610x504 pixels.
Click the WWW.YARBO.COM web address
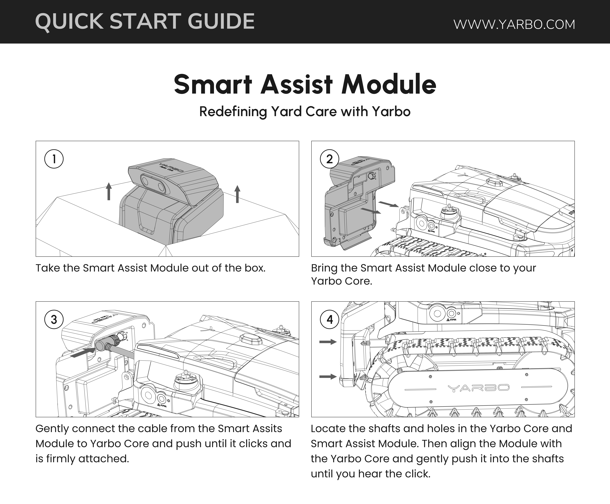[x=514, y=24]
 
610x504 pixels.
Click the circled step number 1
[x=54, y=159]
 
